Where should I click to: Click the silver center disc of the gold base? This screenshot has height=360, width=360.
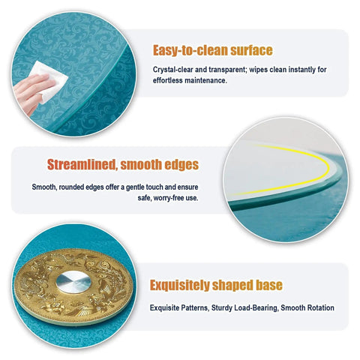point(73,282)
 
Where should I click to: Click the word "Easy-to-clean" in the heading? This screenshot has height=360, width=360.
point(190,50)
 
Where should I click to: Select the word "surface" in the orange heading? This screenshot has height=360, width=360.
point(251,50)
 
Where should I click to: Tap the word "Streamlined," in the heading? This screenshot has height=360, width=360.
point(82,165)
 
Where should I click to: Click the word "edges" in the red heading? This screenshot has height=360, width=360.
point(181,164)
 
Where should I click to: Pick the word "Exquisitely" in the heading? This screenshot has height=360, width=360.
point(179,285)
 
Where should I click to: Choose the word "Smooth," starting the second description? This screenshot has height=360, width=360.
point(44,187)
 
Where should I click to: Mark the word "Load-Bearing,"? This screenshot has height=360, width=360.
point(256,307)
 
